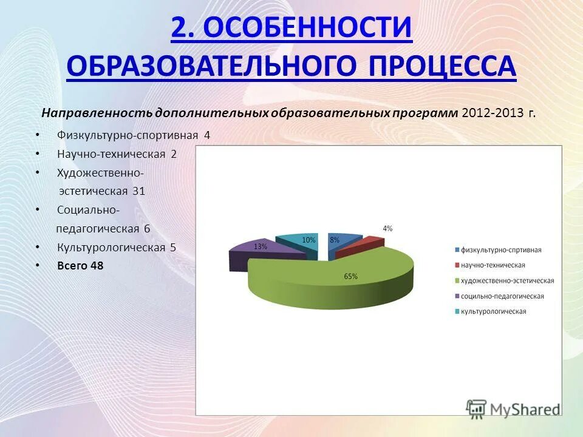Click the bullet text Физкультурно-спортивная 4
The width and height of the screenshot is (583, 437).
click(x=133, y=135)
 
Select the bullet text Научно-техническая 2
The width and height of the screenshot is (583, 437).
click(x=117, y=154)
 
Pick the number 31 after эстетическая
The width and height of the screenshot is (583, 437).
click(x=138, y=191)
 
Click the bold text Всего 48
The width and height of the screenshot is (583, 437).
click(x=80, y=266)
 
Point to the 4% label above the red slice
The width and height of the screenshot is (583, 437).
click(x=387, y=229)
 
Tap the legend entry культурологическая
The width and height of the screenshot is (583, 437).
click(x=493, y=311)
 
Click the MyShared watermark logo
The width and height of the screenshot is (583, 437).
click(x=513, y=408)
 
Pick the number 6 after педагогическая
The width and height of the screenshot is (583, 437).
click(x=147, y=229)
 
